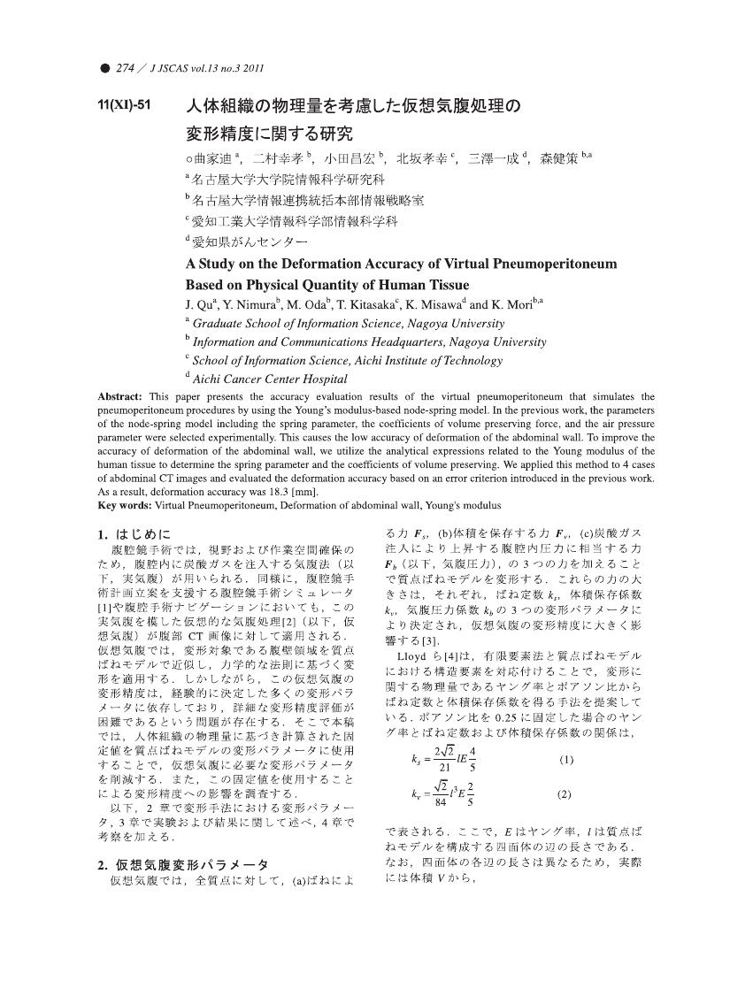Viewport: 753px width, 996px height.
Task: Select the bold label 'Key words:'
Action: tap(125, 505)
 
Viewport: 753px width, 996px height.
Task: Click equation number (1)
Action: tap(566, 735)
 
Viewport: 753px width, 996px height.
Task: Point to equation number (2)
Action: tap(566, 794)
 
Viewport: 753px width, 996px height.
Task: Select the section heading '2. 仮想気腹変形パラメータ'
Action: tap(183, 864)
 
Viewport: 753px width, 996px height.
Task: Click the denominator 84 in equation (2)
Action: tap(440, 802)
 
